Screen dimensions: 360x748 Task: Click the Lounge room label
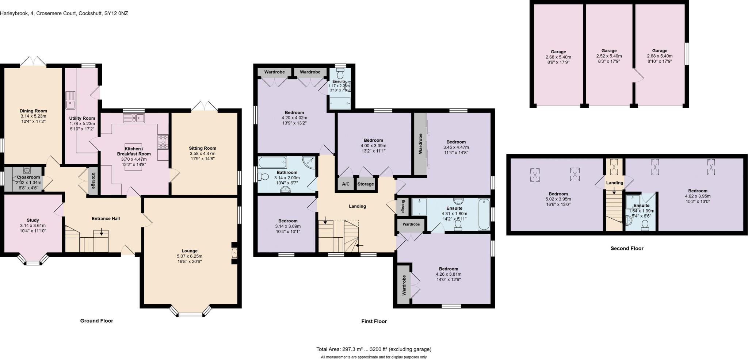[x=189, y=251]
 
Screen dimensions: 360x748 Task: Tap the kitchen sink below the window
[x=134, y=118]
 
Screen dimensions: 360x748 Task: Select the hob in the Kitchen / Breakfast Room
[x=163, y=142]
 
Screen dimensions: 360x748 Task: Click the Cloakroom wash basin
[x=27, y=170]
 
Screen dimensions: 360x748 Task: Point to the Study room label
[x=33, y=220]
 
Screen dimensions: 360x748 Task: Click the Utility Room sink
[x=70, y=100]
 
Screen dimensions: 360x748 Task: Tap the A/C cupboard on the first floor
[x=345, y=184]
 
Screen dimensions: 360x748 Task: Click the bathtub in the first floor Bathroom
[x=272, y=162]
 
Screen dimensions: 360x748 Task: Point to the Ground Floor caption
[x=96, y=321]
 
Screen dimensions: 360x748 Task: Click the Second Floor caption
[x=627, y=248]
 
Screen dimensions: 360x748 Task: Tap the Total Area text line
[x=374, y=349]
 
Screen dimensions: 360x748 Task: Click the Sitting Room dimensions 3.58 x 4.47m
[x=202, y=153]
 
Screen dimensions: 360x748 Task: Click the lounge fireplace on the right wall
[x=234, y=253]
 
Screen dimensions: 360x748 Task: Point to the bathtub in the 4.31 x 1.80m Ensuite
[x=484, y=214]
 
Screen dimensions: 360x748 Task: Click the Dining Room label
[x=33, y=111]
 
